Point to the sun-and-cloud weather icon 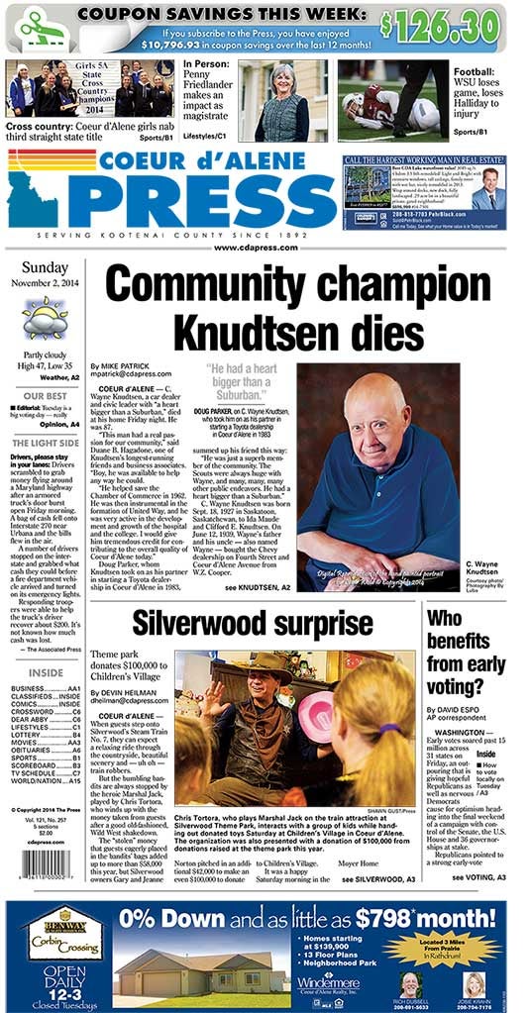45,320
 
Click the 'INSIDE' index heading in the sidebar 45,672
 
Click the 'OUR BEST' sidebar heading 45,395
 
